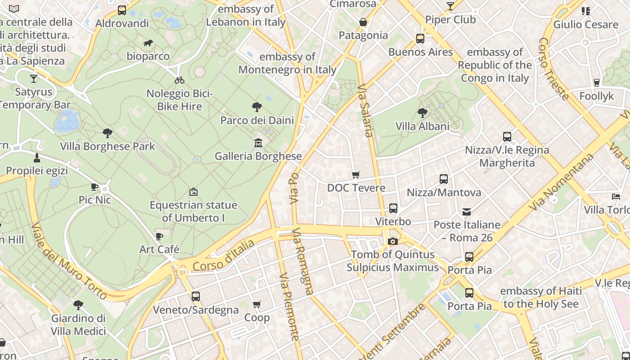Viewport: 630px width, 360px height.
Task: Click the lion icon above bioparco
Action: coord(148,43)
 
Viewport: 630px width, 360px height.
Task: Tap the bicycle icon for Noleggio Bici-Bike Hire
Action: coord(180,80)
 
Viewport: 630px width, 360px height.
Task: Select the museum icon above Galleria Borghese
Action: coord(258,143)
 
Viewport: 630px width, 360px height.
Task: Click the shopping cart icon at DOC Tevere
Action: coord(356,175)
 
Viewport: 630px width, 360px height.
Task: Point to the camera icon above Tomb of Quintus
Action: coord(392,241)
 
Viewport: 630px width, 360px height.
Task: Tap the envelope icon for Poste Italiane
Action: coord(467,211)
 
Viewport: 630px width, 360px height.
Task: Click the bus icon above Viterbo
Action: coord(393,208)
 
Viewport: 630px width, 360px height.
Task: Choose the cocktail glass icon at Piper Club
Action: coord(450,6)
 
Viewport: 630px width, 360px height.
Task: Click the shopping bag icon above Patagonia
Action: coord(363,22)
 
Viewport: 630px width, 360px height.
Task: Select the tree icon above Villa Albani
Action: coord(422,112)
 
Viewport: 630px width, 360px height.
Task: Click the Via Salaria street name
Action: coord(365,111)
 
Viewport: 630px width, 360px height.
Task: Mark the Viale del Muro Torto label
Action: coord(69,261)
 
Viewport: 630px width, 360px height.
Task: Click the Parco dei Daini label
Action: coord(257,120)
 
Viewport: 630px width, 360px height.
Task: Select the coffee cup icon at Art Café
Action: coord(159,236)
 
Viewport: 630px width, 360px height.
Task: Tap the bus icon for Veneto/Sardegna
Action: coord(195,296)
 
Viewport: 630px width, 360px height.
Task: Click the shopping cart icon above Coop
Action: coord(257,305)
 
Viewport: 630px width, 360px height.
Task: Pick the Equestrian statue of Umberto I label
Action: coord(193,211)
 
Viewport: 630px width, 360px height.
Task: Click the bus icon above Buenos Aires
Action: coord(420,38)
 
